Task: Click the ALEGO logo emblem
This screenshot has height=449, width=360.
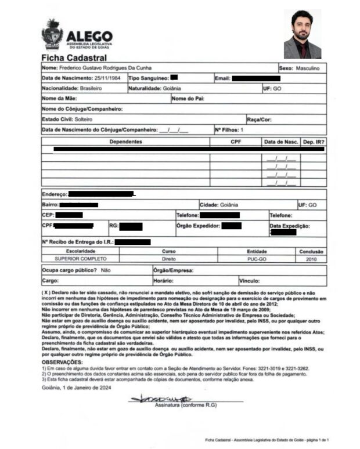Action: click(52, 35)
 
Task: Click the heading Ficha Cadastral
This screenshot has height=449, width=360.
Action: click(74, 58)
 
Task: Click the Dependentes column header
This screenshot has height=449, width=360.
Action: click(125, 142)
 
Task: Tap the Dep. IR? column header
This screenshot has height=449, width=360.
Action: click(314, 142)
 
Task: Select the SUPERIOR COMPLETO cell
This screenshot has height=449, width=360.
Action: click(81, 259)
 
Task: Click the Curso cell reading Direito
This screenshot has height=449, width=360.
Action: click(168, 259)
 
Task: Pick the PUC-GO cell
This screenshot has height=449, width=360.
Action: click(257, 259)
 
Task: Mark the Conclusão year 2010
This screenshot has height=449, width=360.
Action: click(312, 259)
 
